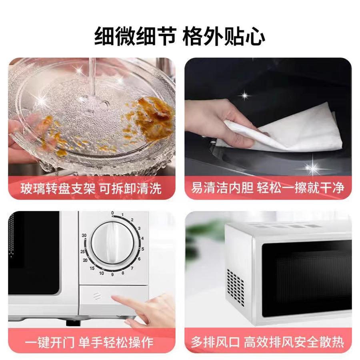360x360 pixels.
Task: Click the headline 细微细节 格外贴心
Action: tap(180, 37)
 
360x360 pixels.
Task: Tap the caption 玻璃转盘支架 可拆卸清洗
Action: tap(91, 189)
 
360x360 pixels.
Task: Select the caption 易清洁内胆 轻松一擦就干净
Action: tap(268, 188)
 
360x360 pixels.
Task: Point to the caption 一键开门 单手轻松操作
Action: tap(89, 343)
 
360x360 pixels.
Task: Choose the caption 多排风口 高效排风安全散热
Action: tap(268, 342)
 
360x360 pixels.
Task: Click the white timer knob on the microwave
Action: tap(112, 243)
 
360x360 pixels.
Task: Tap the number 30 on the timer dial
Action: tap(84, 235)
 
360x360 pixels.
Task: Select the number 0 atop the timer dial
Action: tap(112, 213)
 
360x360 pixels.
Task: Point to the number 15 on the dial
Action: tap(92, 268)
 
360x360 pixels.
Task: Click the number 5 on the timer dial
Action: tap(142, 249)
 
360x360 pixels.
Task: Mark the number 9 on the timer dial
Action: tap(112, 274)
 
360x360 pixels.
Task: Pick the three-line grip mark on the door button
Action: tap(96, 296)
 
